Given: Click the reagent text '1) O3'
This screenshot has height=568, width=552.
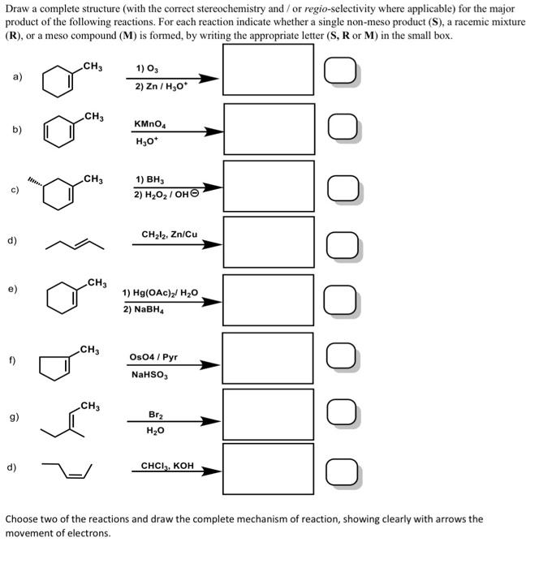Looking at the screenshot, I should pos(146,70).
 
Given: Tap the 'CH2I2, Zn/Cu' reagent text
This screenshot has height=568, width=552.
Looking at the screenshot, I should pos(169,235).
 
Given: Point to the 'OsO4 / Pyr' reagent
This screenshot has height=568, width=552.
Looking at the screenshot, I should pos(153,356).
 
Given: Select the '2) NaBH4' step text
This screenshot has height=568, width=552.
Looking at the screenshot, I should pos(146,309).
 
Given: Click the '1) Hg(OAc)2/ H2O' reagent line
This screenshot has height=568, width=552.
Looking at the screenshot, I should pos(160,292).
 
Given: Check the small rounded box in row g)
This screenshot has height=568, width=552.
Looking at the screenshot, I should pos(340,415).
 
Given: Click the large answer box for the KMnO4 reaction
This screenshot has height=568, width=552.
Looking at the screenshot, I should pos(268,128).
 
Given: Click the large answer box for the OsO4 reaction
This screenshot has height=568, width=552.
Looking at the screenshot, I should pos(268,358).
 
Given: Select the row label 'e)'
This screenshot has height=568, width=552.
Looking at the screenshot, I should pos(13,287).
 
